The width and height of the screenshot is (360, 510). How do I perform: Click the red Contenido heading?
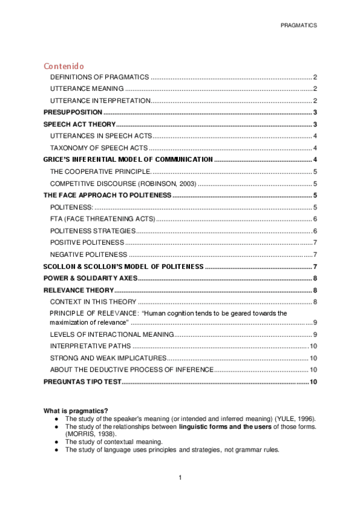[x=64, y=66]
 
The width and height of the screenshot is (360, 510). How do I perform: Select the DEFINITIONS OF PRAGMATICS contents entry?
[x=99, y=78]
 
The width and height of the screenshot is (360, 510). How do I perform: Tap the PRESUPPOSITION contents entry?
[x=73, y=112]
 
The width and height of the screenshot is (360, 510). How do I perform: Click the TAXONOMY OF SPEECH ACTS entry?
[x=99, y=148]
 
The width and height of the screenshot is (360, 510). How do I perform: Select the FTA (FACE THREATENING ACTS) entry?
[x=102, y=218]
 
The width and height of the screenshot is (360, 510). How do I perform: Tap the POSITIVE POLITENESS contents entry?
[x=87, y=242]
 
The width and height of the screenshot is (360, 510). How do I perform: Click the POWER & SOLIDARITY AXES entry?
[x=90, y=278]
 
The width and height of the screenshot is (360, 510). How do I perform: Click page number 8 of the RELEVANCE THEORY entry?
[x=316, y=290]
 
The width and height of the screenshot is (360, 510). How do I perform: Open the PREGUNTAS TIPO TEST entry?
[x=82, y=382]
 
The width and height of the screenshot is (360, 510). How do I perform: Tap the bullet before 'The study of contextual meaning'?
[x=56, y=441]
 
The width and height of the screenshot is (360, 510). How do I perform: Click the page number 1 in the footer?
[x=180, y=478]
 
